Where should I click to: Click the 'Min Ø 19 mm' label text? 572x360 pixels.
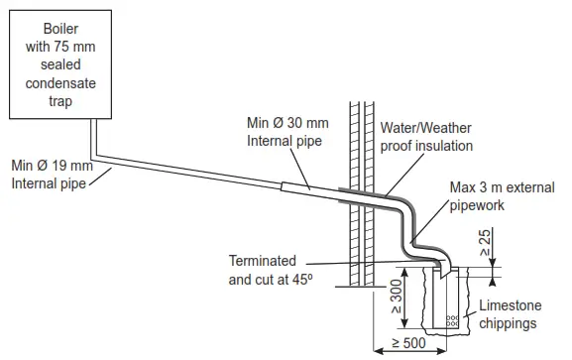(52, 166)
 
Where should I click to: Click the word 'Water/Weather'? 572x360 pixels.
(427, 129)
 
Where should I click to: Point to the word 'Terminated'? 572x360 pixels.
(264, 261)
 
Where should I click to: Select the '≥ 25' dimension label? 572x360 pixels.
(487, 244)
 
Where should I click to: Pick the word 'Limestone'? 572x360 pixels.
(510, 305)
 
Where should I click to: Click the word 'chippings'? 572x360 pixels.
(510, 323)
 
